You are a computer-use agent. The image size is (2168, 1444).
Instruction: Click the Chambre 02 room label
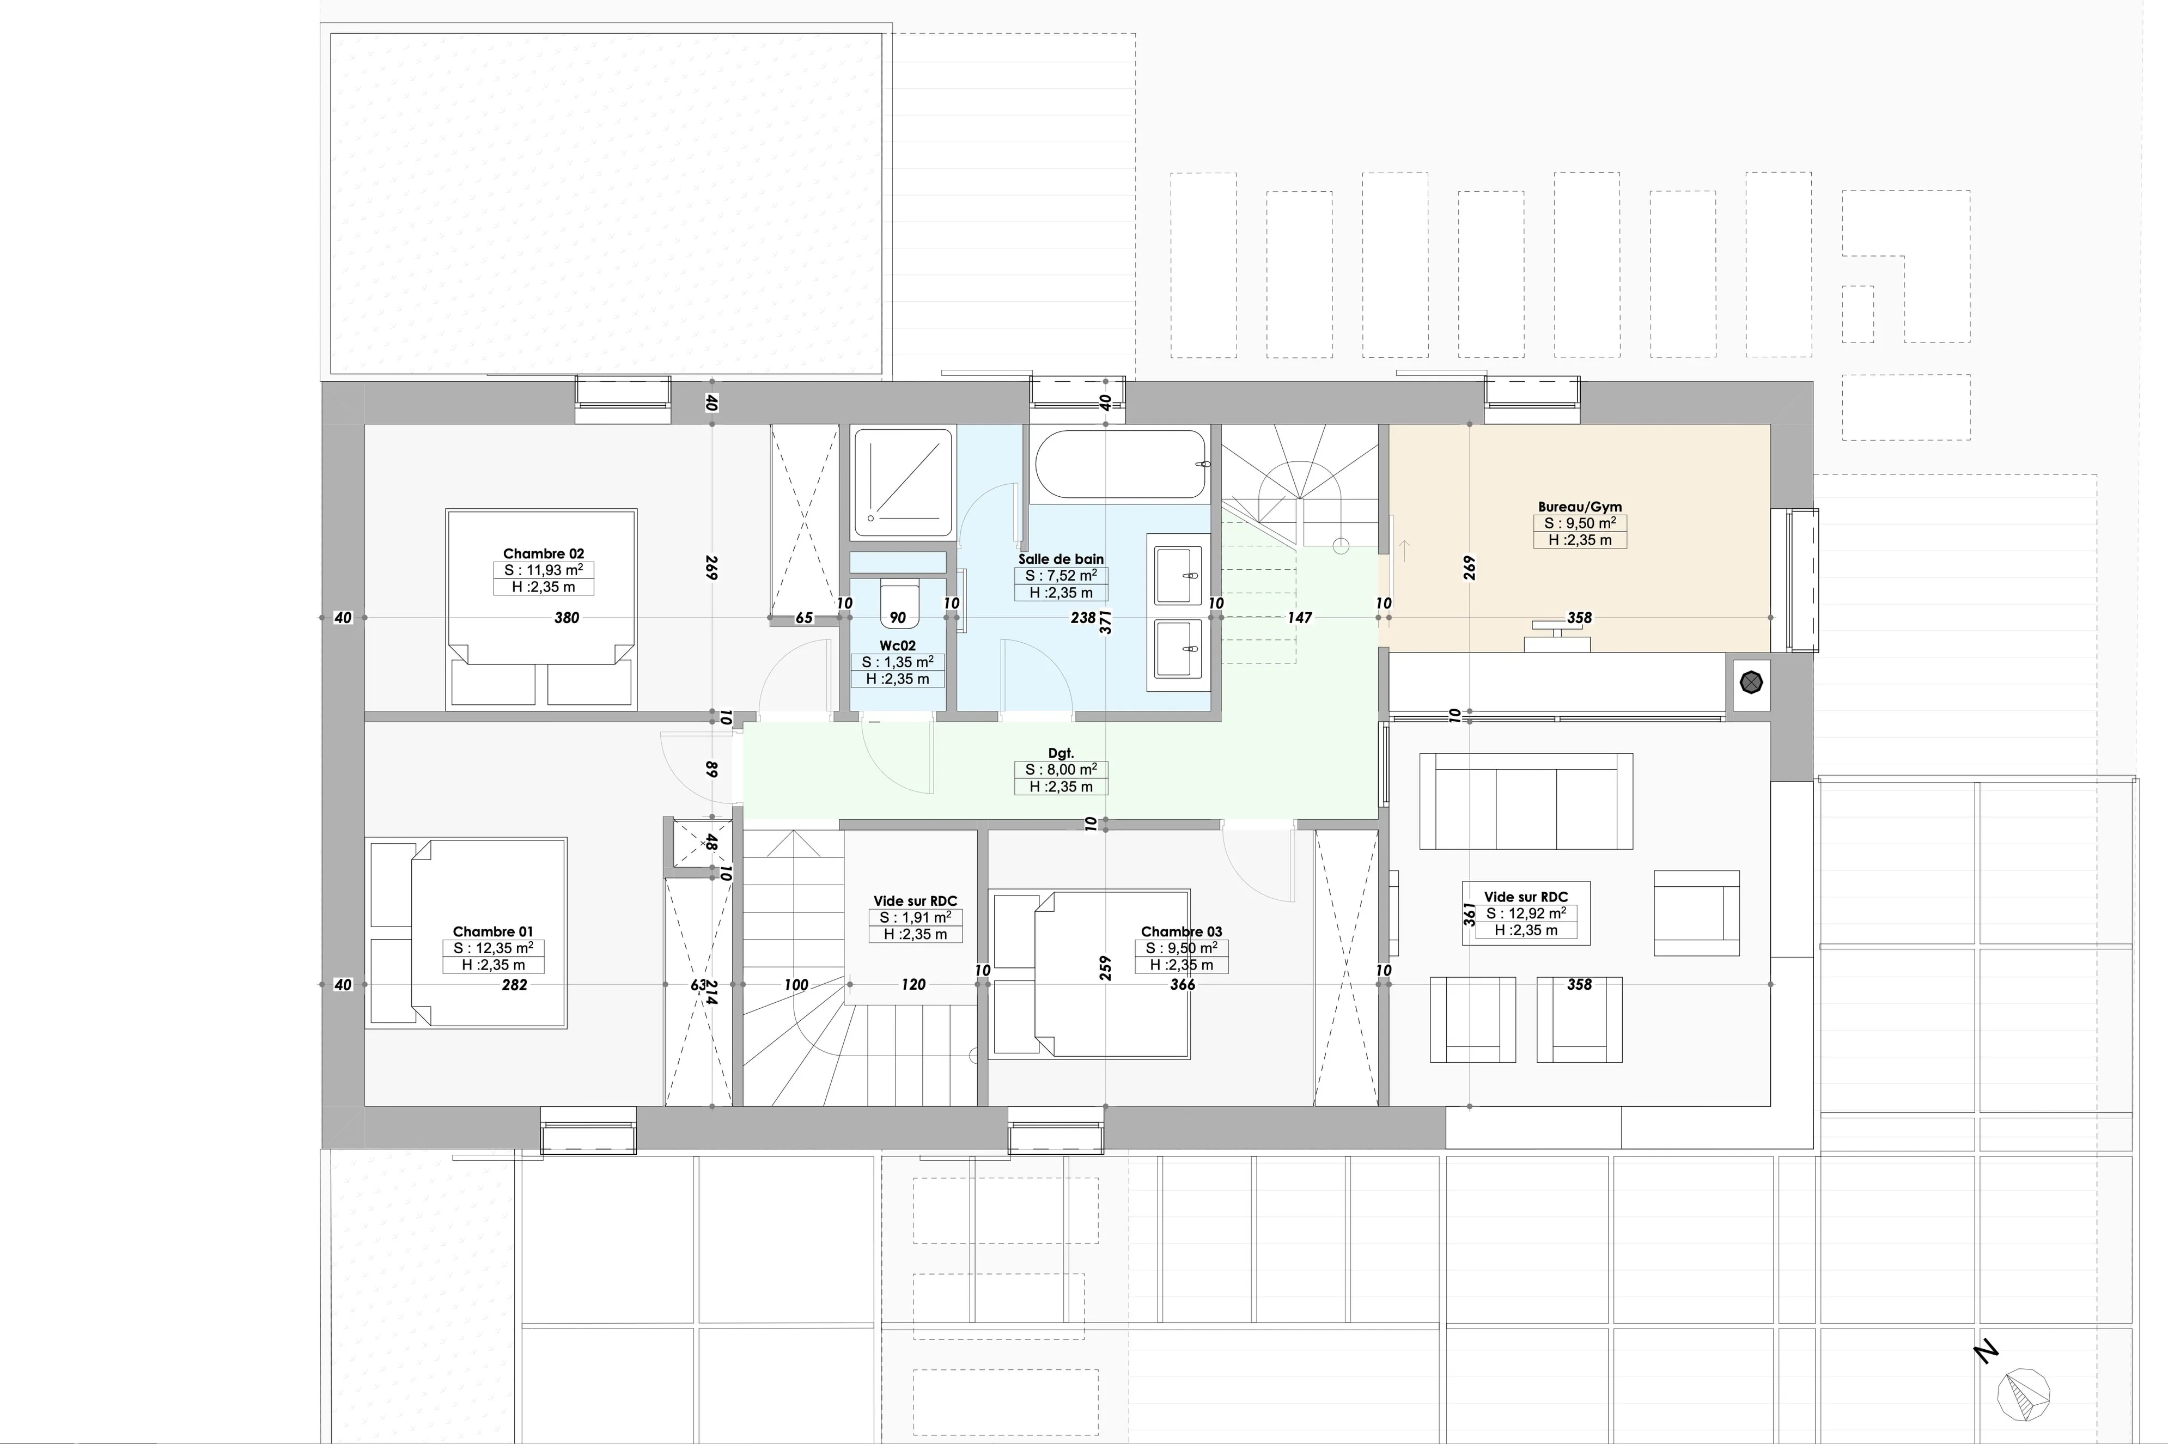tap(544, 553)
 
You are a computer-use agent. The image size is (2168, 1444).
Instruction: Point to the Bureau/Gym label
tap(1580, 507)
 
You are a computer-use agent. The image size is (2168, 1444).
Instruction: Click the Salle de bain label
tap(1061, 559)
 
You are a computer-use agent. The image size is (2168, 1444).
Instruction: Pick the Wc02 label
tap(897, 645)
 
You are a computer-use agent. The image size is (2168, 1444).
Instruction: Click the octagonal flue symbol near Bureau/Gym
tap(1751, 683)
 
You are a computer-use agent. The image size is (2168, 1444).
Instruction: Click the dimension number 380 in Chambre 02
tap(567, 618)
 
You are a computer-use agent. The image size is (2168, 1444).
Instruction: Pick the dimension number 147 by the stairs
tap(1300, 617)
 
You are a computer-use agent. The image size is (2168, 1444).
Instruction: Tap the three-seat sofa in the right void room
tap(1526, 800)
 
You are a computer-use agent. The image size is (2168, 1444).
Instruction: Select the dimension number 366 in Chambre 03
tap(1183, 984)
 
